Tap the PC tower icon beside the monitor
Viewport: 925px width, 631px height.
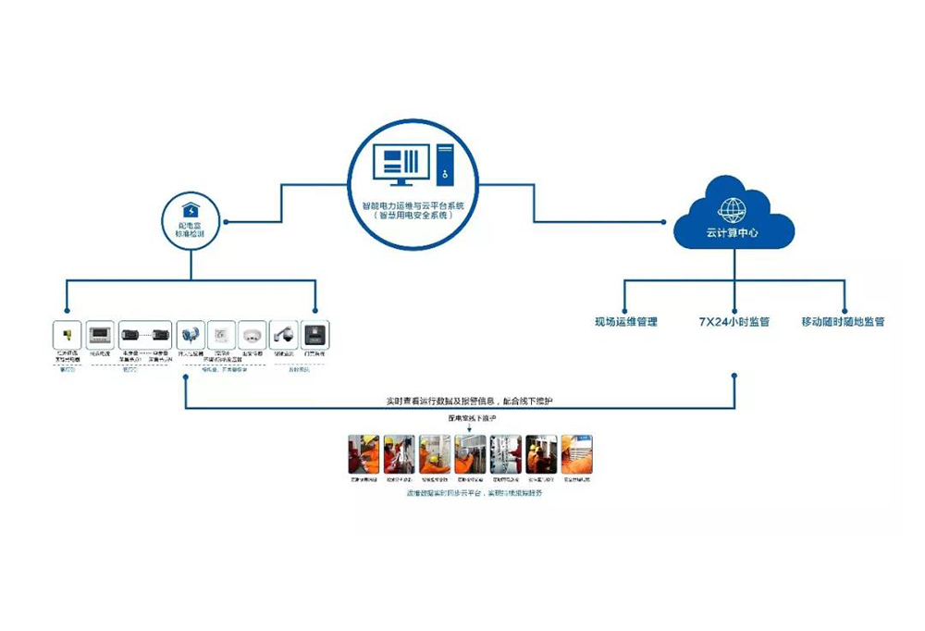pyautogui.click(x=444, y=167)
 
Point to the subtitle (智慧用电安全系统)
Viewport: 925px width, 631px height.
pyautogui.click(x=413, y=216)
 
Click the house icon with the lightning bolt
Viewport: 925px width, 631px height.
pyautogui.click(x=191, y=210)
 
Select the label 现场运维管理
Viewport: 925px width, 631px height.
pyautogui.click(x=626, y=323)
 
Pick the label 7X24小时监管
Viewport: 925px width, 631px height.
pyautogui.click(x=734, y=323)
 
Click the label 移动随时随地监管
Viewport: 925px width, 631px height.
pyautogui.click(x=843, y=323)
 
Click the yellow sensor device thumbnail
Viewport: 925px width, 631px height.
pyautogui.click(x=68, y=334)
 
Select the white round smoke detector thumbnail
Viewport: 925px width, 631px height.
pyautogui.click(x=252, y=334)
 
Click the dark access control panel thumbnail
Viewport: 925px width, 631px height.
pyautogui.click(x=314, y=334)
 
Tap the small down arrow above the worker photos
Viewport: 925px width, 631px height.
pyautogui.click(x=469, y=428)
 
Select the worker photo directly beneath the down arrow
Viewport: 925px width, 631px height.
pyautogui.click(x=470, y=454)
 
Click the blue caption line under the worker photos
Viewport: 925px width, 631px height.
pyautogui.click(x=469, y=493)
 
